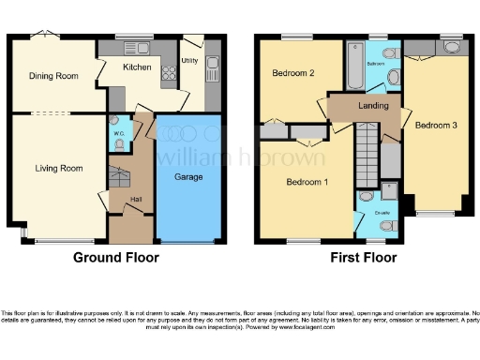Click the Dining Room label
pyautogui.click(x=52, y=77)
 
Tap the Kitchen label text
pyautogui.click(x=138, y=67)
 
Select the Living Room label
pyautogui.click(x=58, y=169)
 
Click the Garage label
pyautogui.click(x=188, y=176)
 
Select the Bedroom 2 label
pyautogui.click(x=292, y=72)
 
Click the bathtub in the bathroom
pyautogui.click(x=356, y=65)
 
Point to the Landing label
pyautogui.click(x=373, y=106)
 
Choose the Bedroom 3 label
pyautogui.click(x=435, y=125)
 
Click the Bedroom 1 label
pyautogui.click(x=307, y=181)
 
